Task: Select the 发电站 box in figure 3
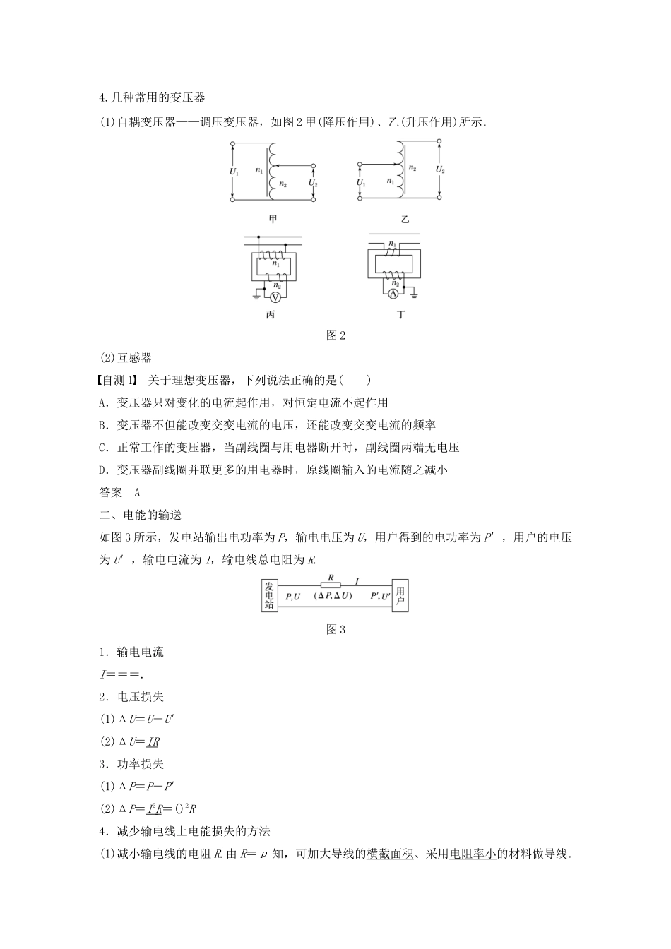click(268, 595)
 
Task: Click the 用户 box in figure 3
click(400, 595)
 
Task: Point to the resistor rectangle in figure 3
click(330, 584)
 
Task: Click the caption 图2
click(335, 335)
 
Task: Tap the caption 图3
click(335, 629)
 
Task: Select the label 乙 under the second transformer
click(405, 220)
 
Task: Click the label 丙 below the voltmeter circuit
click(270, 315)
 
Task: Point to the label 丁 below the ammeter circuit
click(401, 315)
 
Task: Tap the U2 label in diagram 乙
click(440, 169)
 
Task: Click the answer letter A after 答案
click(137, 493)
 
